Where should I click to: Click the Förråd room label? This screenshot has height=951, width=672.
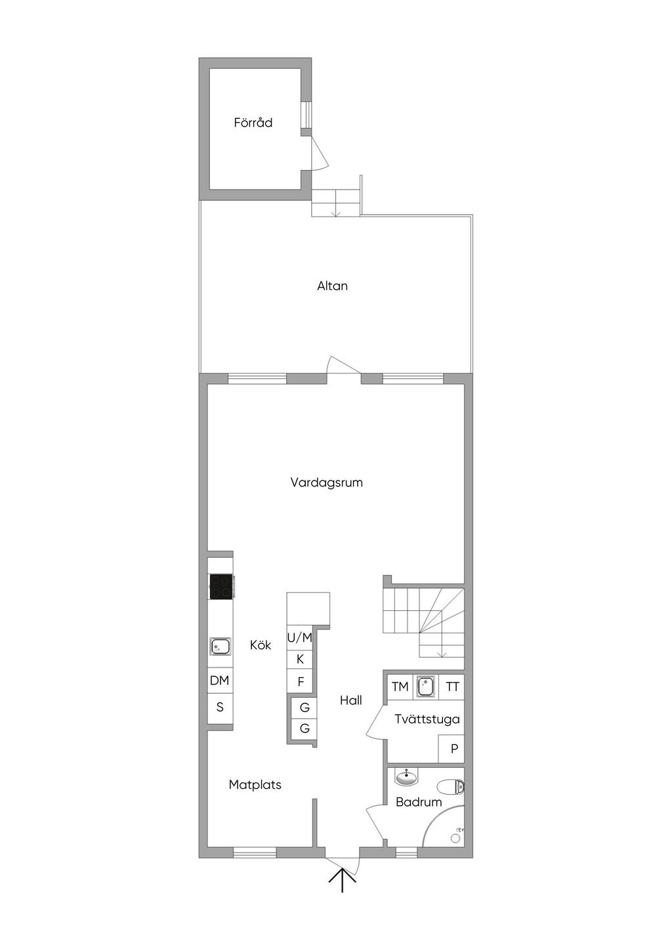tap(253, 123)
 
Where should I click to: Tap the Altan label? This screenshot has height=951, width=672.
tap(332, 286)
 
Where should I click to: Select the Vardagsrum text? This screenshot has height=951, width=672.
tap(326, 482)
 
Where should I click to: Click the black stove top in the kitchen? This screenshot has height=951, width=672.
tap(220, 586)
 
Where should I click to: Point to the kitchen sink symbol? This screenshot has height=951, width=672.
tap(220, 647)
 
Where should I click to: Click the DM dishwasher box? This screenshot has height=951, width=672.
tap(220, 681)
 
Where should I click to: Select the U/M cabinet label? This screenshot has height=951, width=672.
tap(299, 637)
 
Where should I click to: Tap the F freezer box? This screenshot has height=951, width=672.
tap(301, 682)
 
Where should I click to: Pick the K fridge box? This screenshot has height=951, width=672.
tap(300, 660)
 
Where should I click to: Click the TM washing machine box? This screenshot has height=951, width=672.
tap(400, 687)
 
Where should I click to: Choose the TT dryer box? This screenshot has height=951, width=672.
tap(452, 687)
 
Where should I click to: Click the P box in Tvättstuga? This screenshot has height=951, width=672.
tap(453, 748)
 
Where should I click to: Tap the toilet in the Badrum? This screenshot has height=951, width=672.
tap(451, 786)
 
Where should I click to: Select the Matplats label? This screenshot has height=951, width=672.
tap(255, 784)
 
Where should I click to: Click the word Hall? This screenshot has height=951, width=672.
tap(350, 700)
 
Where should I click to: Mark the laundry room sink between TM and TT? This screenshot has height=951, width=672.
tap(426, 687)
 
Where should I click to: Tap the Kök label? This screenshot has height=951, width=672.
tap(260, 645)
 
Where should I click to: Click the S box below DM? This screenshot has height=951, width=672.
tap(220, 708)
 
